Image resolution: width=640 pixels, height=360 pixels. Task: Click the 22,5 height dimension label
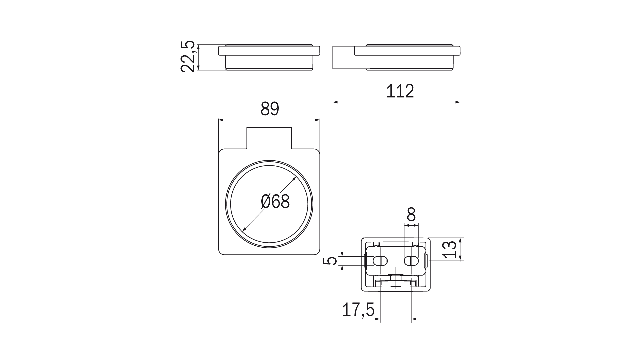pyautogui.click(x=187, y=56)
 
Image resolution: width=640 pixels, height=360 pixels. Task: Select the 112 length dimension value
pyautogui.click(x=400, y=91)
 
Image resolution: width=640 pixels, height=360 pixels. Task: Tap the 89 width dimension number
pyautogui.click(x=270, y=109)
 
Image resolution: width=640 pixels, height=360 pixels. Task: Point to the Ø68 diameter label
pyautogui.click(x=275, y=202)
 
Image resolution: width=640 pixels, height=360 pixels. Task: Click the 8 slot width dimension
pyautogui.click(x=411, y=214)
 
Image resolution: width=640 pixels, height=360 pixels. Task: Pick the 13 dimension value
pyautogui.click(x=450, y=249)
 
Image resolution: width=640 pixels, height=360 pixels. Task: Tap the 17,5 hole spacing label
pyautogui.click(x=358, y=310)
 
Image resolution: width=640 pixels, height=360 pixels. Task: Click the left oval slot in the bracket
pyautogui.click(x=380, y=261)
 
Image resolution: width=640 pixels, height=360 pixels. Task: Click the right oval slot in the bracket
pyautogui.click(x=411, y=261)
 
